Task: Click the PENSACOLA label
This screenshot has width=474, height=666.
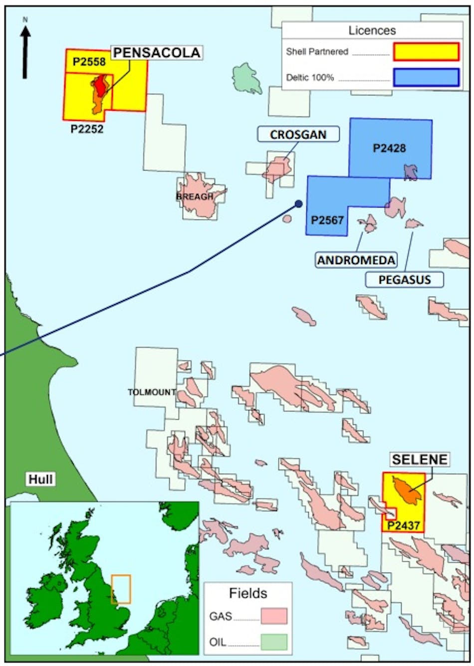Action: pyautogui.click(x=157, y=52)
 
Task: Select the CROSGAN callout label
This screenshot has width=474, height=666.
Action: pyautogui.click(x=298, y=135)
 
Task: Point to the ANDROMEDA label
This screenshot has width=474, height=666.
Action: pyautogui.click(x=356, y=260)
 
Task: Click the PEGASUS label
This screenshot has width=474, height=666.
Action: pyautogui.click(x=404, y=279)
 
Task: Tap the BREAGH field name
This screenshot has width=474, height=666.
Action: pyautogui.click(x=195, y=196)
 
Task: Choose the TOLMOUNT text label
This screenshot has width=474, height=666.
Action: pyautogui.click(x=152, y=392)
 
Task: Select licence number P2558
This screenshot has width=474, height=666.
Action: pyautogui.click(x=89, y=62)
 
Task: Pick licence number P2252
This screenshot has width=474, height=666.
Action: pyautogui.click(x=87, y=129)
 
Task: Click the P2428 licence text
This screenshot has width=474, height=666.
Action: pyautogui.click(x=389, y=148)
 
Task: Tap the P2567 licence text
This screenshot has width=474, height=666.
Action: pyautogui.click(x=327, y=220)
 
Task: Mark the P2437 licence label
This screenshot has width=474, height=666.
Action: pyautogui.click(x=404, y=525)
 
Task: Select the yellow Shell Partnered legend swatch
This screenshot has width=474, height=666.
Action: pyautogui.click(x=426, y=51)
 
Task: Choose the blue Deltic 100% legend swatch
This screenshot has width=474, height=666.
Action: pyautogui.click(x=426, y=77)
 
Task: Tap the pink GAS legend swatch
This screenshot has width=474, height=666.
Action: pyautogui.click(x=273, y=616)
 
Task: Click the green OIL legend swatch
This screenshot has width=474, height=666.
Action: pyautogui.click(x=273, y=642)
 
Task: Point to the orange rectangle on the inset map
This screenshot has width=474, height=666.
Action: pyautogui.click(x=121, y=589)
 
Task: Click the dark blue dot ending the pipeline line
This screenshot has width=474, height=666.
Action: pyautogui.click(x=298, y=203)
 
